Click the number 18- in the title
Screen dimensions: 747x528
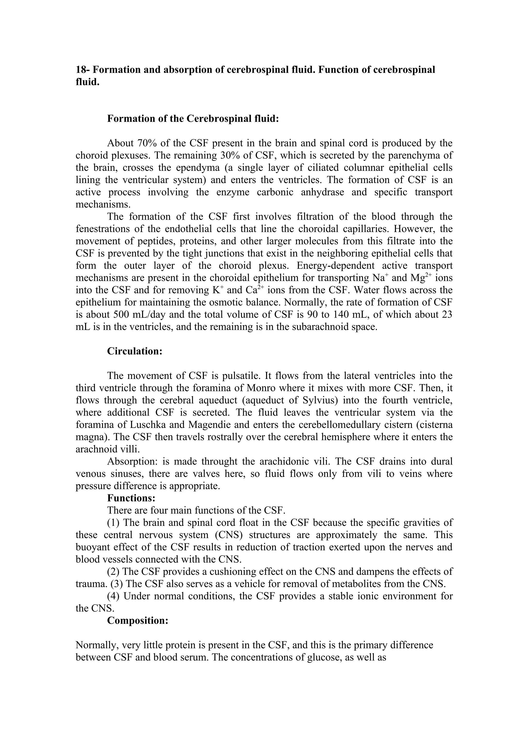(x=83, y=70)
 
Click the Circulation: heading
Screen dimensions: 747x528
(x=135, y=351)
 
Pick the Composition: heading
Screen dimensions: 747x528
(x=138, y=621)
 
